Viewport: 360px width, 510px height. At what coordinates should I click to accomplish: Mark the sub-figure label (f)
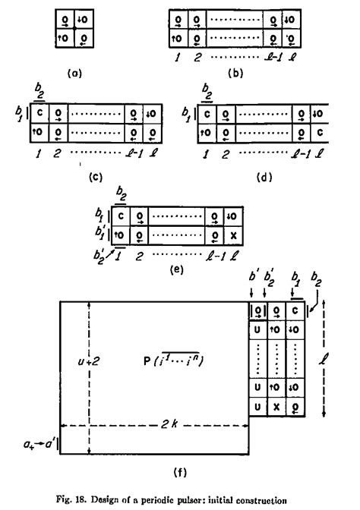pyautogui.click(x=179, y=474)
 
